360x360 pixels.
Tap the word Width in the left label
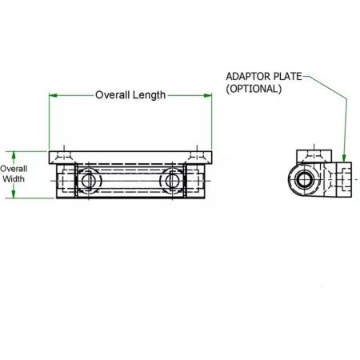click(14, 178)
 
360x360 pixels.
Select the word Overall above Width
click(14, 169)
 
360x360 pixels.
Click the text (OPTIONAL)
click(254, 89)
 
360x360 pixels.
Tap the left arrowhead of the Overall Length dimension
click(53, 95)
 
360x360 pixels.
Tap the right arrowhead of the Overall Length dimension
click(208, 95)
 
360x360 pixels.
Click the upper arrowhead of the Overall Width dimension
click(14, 155)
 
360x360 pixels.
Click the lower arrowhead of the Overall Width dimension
click(14, 194)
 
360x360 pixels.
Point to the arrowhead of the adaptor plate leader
click(344, 158)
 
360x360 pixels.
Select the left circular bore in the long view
click(89, 181)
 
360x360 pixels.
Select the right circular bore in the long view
click(172, 181)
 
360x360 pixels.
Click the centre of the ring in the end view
click(304, 179)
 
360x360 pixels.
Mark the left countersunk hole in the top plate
click(64, 158)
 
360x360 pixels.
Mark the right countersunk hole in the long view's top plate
click(197, 158)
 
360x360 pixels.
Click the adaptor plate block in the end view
click(344, 179)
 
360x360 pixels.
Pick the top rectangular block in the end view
click(314, 157)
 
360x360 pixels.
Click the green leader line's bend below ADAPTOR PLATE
click(346, 98)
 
